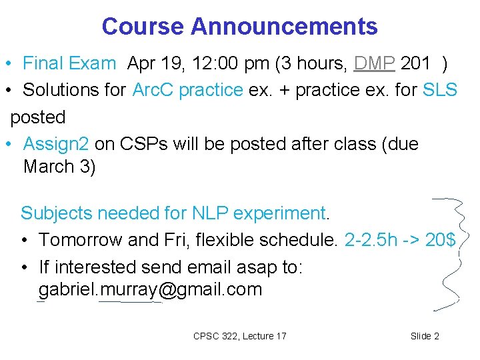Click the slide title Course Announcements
point(239,27)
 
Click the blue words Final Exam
point(69,64)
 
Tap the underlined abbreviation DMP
point(375,64)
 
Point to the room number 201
point(415,64)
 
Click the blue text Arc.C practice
point(187,90)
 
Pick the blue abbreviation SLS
point(440,90)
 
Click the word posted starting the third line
point(38,117)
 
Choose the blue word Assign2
point(56,144)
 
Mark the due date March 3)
point(59,167)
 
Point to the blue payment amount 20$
point(440,239)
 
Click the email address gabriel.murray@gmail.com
point(150,290)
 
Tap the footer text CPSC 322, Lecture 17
point(239,336)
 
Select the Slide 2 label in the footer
point(425,336)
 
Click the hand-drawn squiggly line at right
point(460,253)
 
